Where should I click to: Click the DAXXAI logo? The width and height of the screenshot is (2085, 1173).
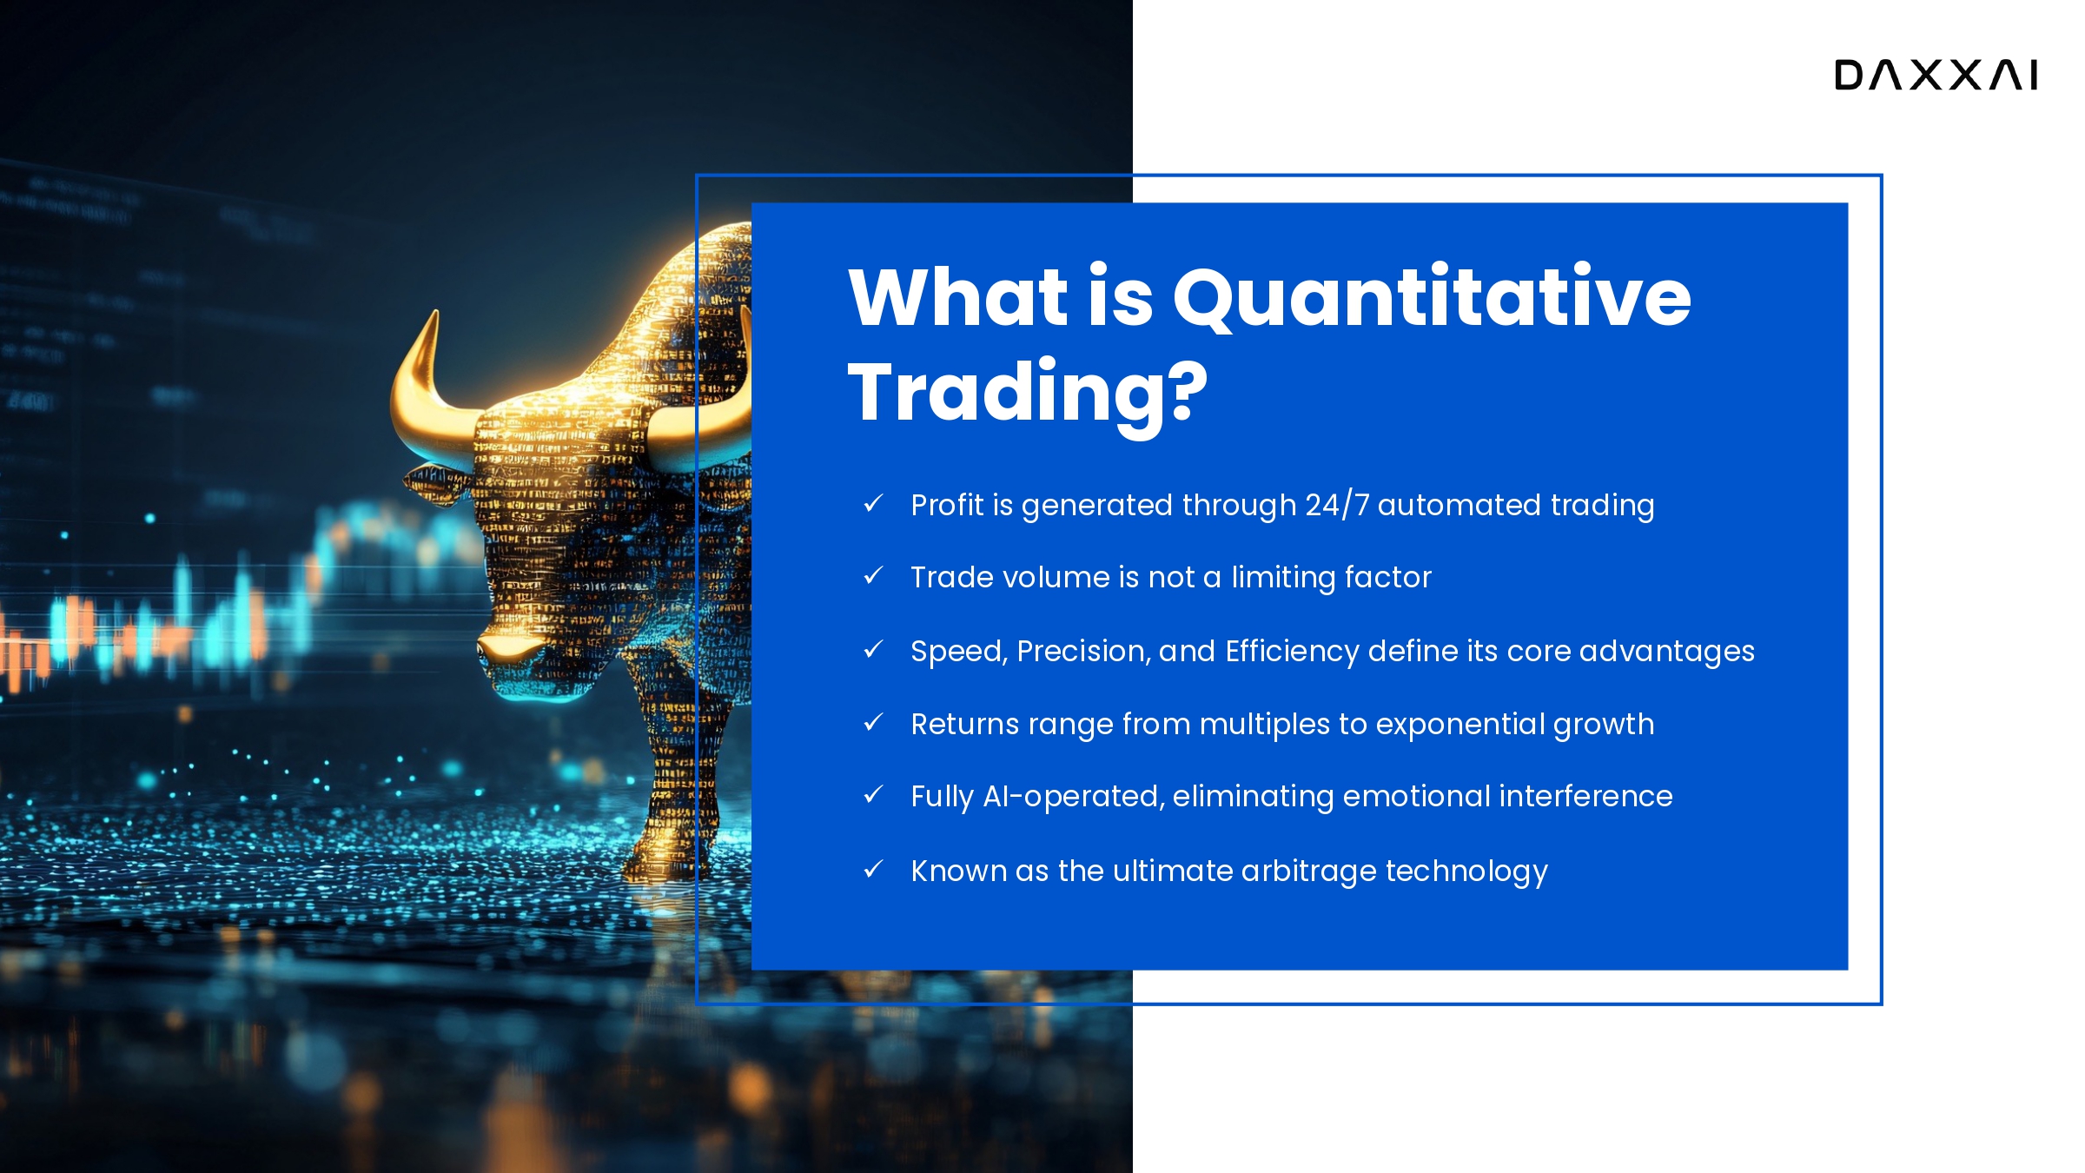(x=1936, y=75)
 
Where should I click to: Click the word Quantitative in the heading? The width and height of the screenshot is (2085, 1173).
(x=1433, y=297)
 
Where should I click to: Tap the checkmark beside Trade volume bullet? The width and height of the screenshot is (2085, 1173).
(x=873, y=576)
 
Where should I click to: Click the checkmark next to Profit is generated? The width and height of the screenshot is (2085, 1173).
(x=873, y=503)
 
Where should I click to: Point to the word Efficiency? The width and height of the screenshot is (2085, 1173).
(x=1292, y=652)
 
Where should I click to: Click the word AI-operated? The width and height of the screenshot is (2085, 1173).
(x=1074, y=797)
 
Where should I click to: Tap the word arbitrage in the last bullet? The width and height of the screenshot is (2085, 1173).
(x=1309, y=871)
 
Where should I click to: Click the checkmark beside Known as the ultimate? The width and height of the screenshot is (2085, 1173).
(x=873, y=869)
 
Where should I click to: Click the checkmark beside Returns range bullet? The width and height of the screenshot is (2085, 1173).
(x=873, y=722)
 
